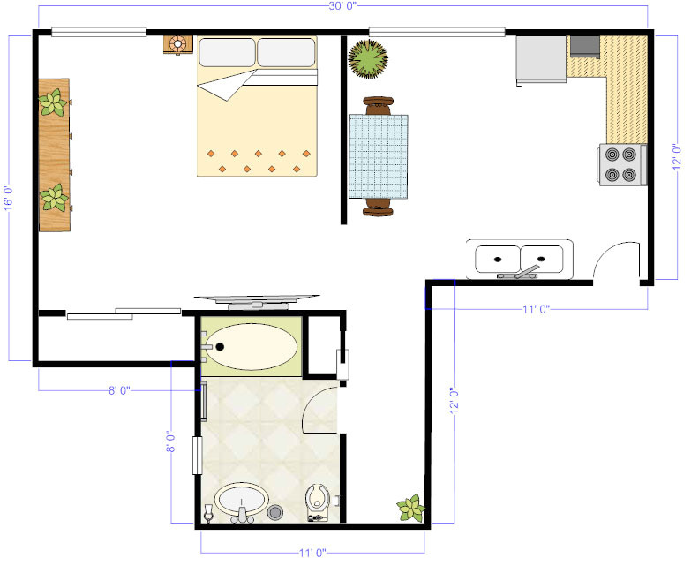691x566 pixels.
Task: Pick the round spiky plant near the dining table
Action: point(367,59)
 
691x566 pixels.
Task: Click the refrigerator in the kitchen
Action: point(541,58)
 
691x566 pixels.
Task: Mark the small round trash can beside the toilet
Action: point(274,511)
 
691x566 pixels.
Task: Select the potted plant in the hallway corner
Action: point(410,509)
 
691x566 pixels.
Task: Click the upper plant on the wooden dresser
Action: point(53,103)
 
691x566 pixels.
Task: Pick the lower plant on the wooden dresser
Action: point(55,197)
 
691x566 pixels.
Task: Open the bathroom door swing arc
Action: point(319,408)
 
